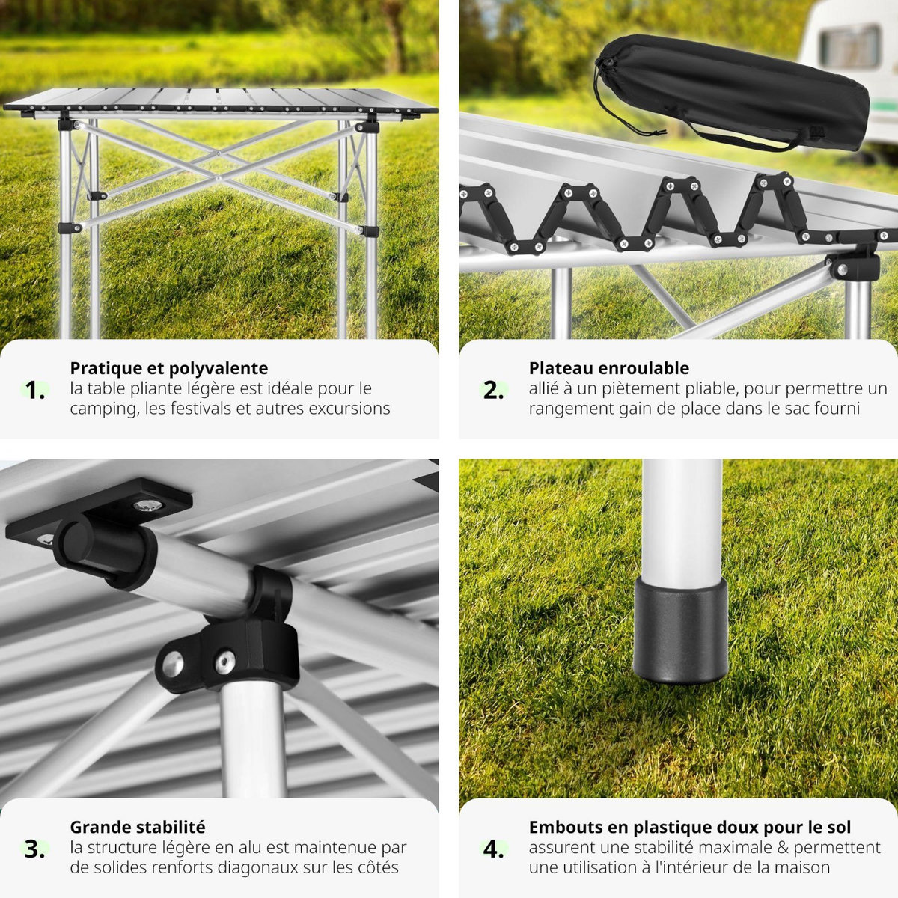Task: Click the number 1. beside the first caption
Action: click(x=34, y=390)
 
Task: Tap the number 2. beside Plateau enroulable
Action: click(x=493, y=390)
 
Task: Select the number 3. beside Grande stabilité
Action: click(x=34, y=849)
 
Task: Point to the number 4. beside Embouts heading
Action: click(x=493, y=849)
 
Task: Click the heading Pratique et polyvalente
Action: click(x=168, y=368)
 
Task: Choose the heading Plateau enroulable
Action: click(x=608, y=368)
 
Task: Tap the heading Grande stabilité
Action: click(x=137, y=827)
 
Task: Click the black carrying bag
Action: click(x=741, y=90)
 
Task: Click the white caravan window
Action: click(x=849, y=46)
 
